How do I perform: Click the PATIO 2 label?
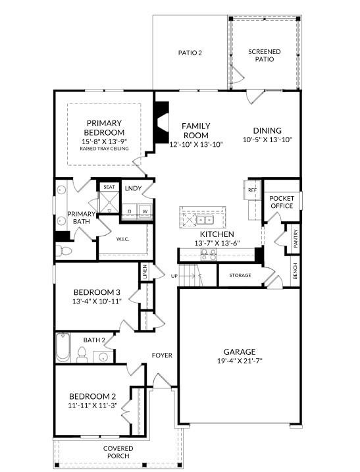(190, 53)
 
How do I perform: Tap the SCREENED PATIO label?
(265, 55)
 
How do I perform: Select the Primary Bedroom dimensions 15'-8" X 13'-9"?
(104, 142)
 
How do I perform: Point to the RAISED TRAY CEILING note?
(104, 148)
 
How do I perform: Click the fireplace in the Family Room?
(161, 122)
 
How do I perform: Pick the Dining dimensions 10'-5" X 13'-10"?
(268, 140)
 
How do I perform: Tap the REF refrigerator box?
(252, 190)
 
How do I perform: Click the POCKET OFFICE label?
(282, 202)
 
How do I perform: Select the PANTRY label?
(296, 239)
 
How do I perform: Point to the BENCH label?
(295, 271)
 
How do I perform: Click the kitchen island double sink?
(205, 220)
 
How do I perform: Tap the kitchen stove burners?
(209, 255)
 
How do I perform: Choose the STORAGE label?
(240, 275)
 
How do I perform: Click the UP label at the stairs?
(174, 276)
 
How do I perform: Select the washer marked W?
(145, 211)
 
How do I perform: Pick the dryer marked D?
(130, 211)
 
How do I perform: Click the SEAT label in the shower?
(109, 187)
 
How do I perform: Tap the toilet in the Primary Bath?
(64, 251)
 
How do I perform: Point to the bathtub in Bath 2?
(63, 347)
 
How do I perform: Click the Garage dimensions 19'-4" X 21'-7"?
(240, 361)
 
